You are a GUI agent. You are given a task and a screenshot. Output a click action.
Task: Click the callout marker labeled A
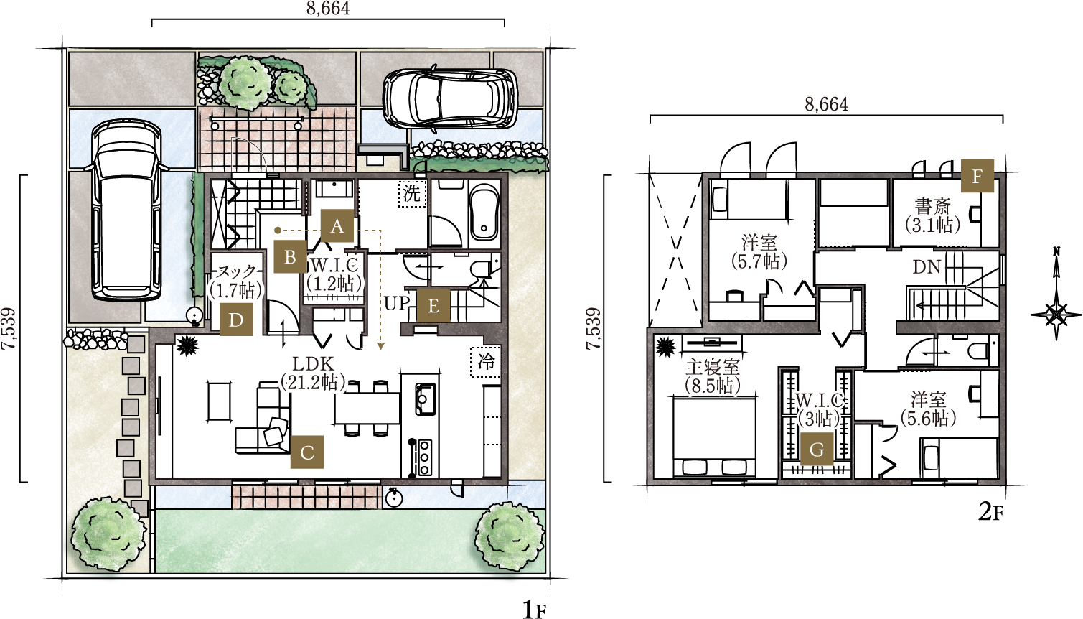337,225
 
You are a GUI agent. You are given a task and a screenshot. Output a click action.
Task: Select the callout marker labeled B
290,257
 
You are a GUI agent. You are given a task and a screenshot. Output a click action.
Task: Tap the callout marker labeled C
307,452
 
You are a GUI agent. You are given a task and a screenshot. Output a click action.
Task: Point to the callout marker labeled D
236,320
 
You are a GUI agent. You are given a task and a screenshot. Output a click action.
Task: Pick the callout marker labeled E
433,306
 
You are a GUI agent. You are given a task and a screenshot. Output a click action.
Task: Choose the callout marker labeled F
977,176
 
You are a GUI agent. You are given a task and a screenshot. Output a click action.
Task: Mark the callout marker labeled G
817,450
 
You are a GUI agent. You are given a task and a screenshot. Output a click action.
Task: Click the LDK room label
314,363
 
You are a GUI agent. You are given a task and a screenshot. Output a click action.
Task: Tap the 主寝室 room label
712,368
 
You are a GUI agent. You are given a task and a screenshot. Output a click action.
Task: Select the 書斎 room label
932,207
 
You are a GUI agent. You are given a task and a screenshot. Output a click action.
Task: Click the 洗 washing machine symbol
412,194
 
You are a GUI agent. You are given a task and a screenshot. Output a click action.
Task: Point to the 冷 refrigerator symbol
486,361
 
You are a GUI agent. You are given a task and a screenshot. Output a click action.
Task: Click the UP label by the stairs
397,303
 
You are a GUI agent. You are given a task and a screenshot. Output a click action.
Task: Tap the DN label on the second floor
927,267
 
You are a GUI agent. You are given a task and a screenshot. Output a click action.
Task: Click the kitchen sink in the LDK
425,399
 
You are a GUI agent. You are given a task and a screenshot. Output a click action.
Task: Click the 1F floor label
534,610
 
